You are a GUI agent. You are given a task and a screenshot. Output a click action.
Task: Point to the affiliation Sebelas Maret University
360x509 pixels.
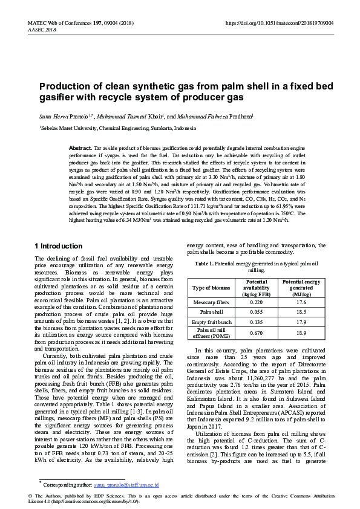point(68,128)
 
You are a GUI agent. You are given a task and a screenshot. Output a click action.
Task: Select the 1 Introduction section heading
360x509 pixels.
point(59,246)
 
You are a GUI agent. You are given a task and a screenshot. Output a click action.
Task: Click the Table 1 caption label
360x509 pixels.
point(205,264)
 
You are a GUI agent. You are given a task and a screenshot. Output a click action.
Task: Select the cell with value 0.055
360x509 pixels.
point(257,312)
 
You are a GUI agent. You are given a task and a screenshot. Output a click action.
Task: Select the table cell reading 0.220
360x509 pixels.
point(257,301)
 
